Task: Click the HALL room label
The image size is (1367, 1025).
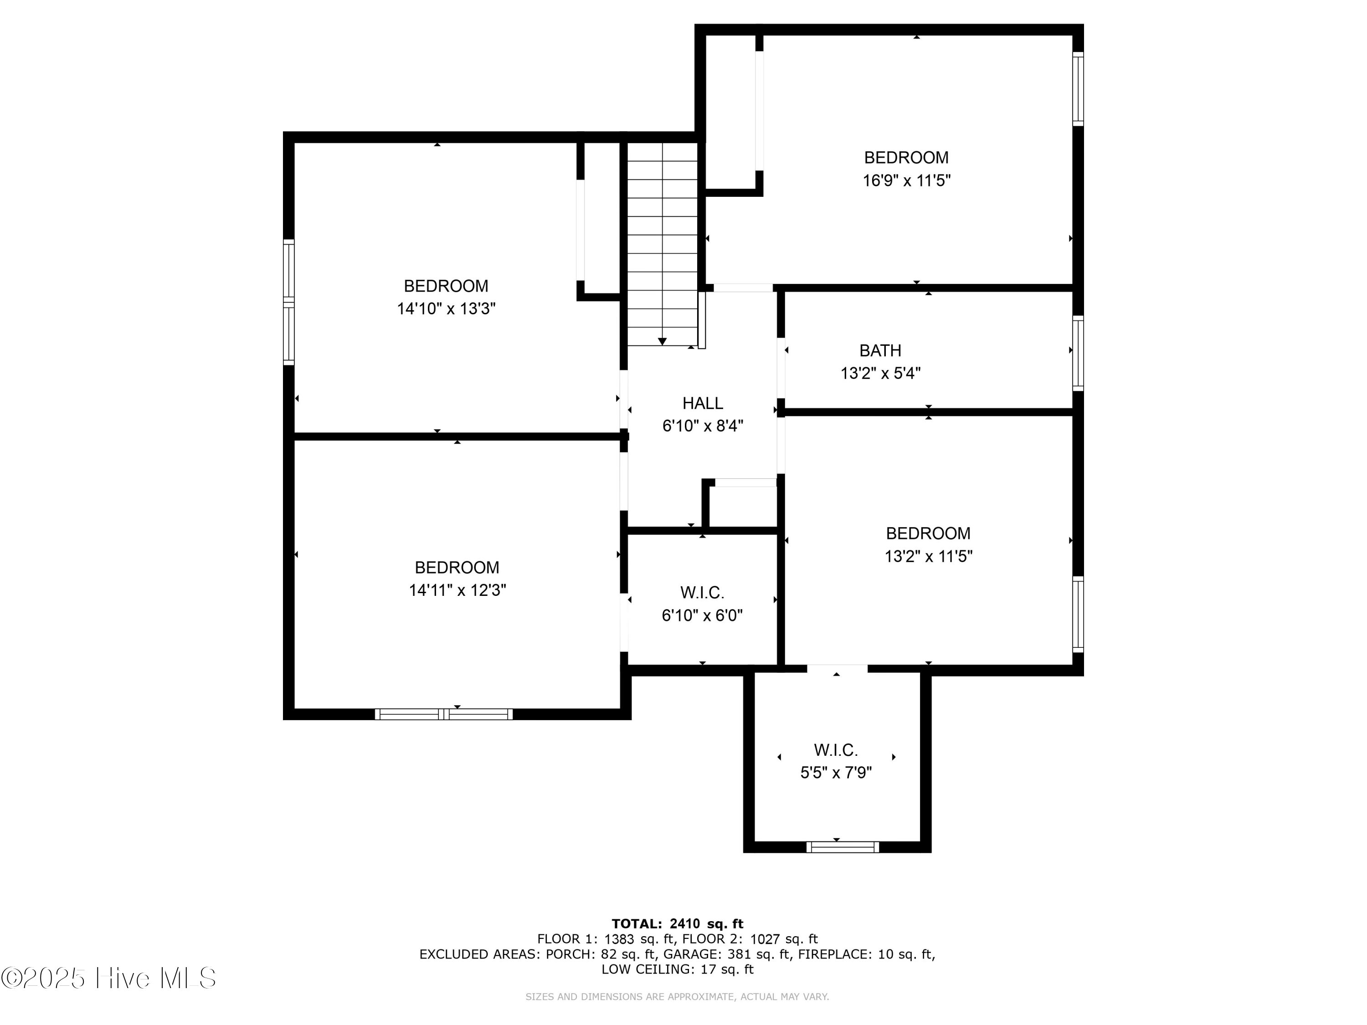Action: pos(702,404)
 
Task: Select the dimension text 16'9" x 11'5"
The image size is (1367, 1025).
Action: pos(906,181)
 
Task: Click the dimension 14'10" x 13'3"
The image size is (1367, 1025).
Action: pos(446,309)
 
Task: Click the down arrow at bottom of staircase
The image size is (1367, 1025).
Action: pos(662,342)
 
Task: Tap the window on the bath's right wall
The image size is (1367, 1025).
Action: pos(1077,354)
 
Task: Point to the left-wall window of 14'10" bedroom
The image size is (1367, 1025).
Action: pos(288,302)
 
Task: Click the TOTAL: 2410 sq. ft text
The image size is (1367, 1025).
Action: pos(677,924)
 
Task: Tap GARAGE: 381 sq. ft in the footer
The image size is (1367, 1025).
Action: pos(727,954)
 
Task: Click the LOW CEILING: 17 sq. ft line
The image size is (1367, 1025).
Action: pos(677,969)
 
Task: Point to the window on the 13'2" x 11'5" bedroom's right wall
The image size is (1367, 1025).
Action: pos(1077,614)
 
